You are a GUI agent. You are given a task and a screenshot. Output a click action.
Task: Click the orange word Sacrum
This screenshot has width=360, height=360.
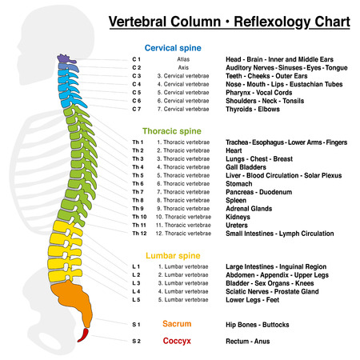(x=176, y=324)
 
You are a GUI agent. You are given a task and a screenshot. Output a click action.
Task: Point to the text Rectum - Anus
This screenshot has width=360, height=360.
(x=252, y=341)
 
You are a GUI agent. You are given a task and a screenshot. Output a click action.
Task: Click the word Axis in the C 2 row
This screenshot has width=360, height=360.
(x=185, y=68)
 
